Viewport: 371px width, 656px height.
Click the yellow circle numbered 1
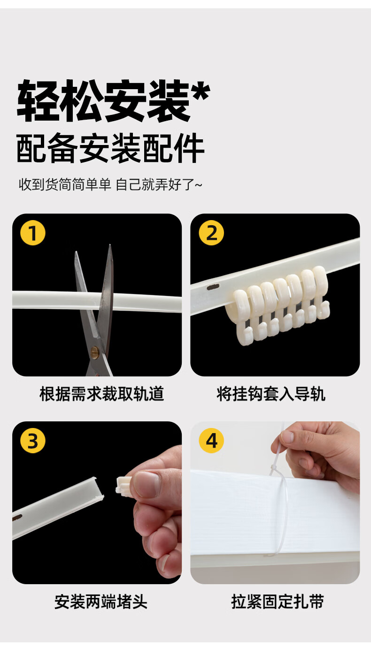tap(33, 233)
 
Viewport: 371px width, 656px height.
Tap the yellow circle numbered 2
tap(211, 233)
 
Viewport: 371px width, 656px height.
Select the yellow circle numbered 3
tap(33, 441)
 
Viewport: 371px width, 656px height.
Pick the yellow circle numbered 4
tap(211, 441)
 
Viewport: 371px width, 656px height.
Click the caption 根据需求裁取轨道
tap(102, 394)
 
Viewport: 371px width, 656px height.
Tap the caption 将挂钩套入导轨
tap(271, 394)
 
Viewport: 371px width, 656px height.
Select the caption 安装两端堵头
tap(101, 602)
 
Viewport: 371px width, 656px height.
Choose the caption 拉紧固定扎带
tap(278, 602)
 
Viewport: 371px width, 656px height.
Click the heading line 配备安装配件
tap(110, 148)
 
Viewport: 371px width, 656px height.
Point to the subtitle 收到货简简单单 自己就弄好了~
tap(110, 184)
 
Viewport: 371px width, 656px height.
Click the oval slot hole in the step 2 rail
tap(213, 287)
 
